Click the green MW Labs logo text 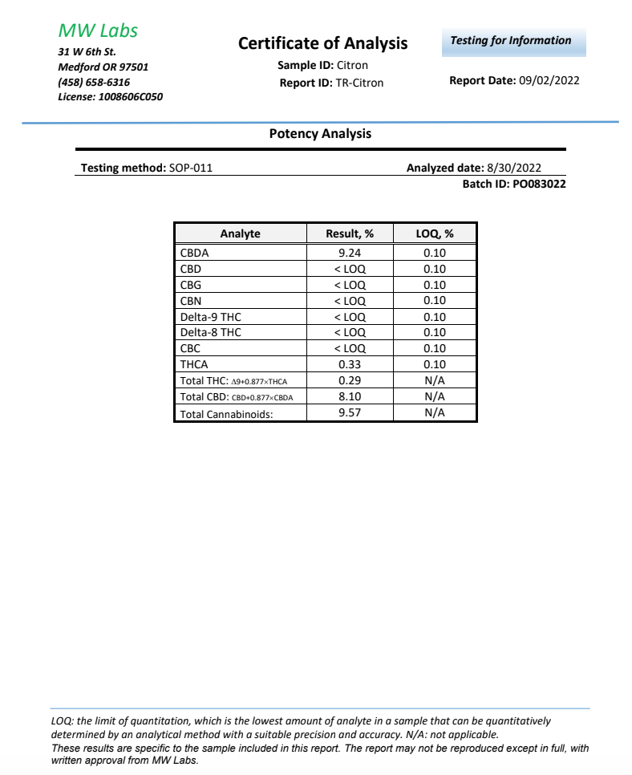tap(98, 31)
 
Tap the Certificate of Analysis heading tap(322, 43)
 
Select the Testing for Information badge tap(511, 41)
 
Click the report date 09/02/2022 tap(549, 80)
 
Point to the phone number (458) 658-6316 tap(94, 82)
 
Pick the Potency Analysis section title tap(320, 134)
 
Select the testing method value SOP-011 tap(190, 168)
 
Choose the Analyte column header tap(240, 233)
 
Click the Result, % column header tap(350, 233)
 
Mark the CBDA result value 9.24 tap(350, 253)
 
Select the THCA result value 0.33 tap(350, 364)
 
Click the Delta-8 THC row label tap(211, 332)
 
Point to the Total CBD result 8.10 tap(350, 396)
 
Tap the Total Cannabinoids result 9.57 tap(350, 412)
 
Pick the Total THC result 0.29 tap(350, 380)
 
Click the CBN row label tap(191, 301)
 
